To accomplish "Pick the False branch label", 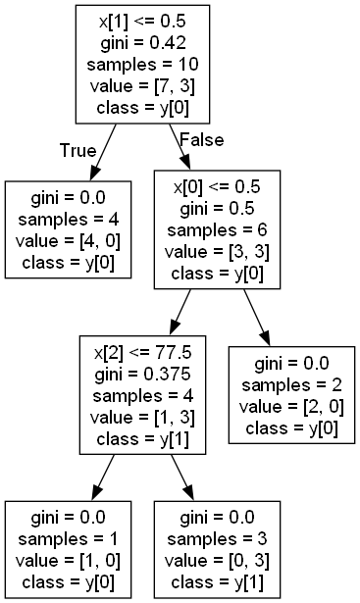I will (199, 140).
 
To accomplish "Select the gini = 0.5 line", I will (218, 209).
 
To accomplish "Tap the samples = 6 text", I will (218, 230).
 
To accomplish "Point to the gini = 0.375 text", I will (142, 375).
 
